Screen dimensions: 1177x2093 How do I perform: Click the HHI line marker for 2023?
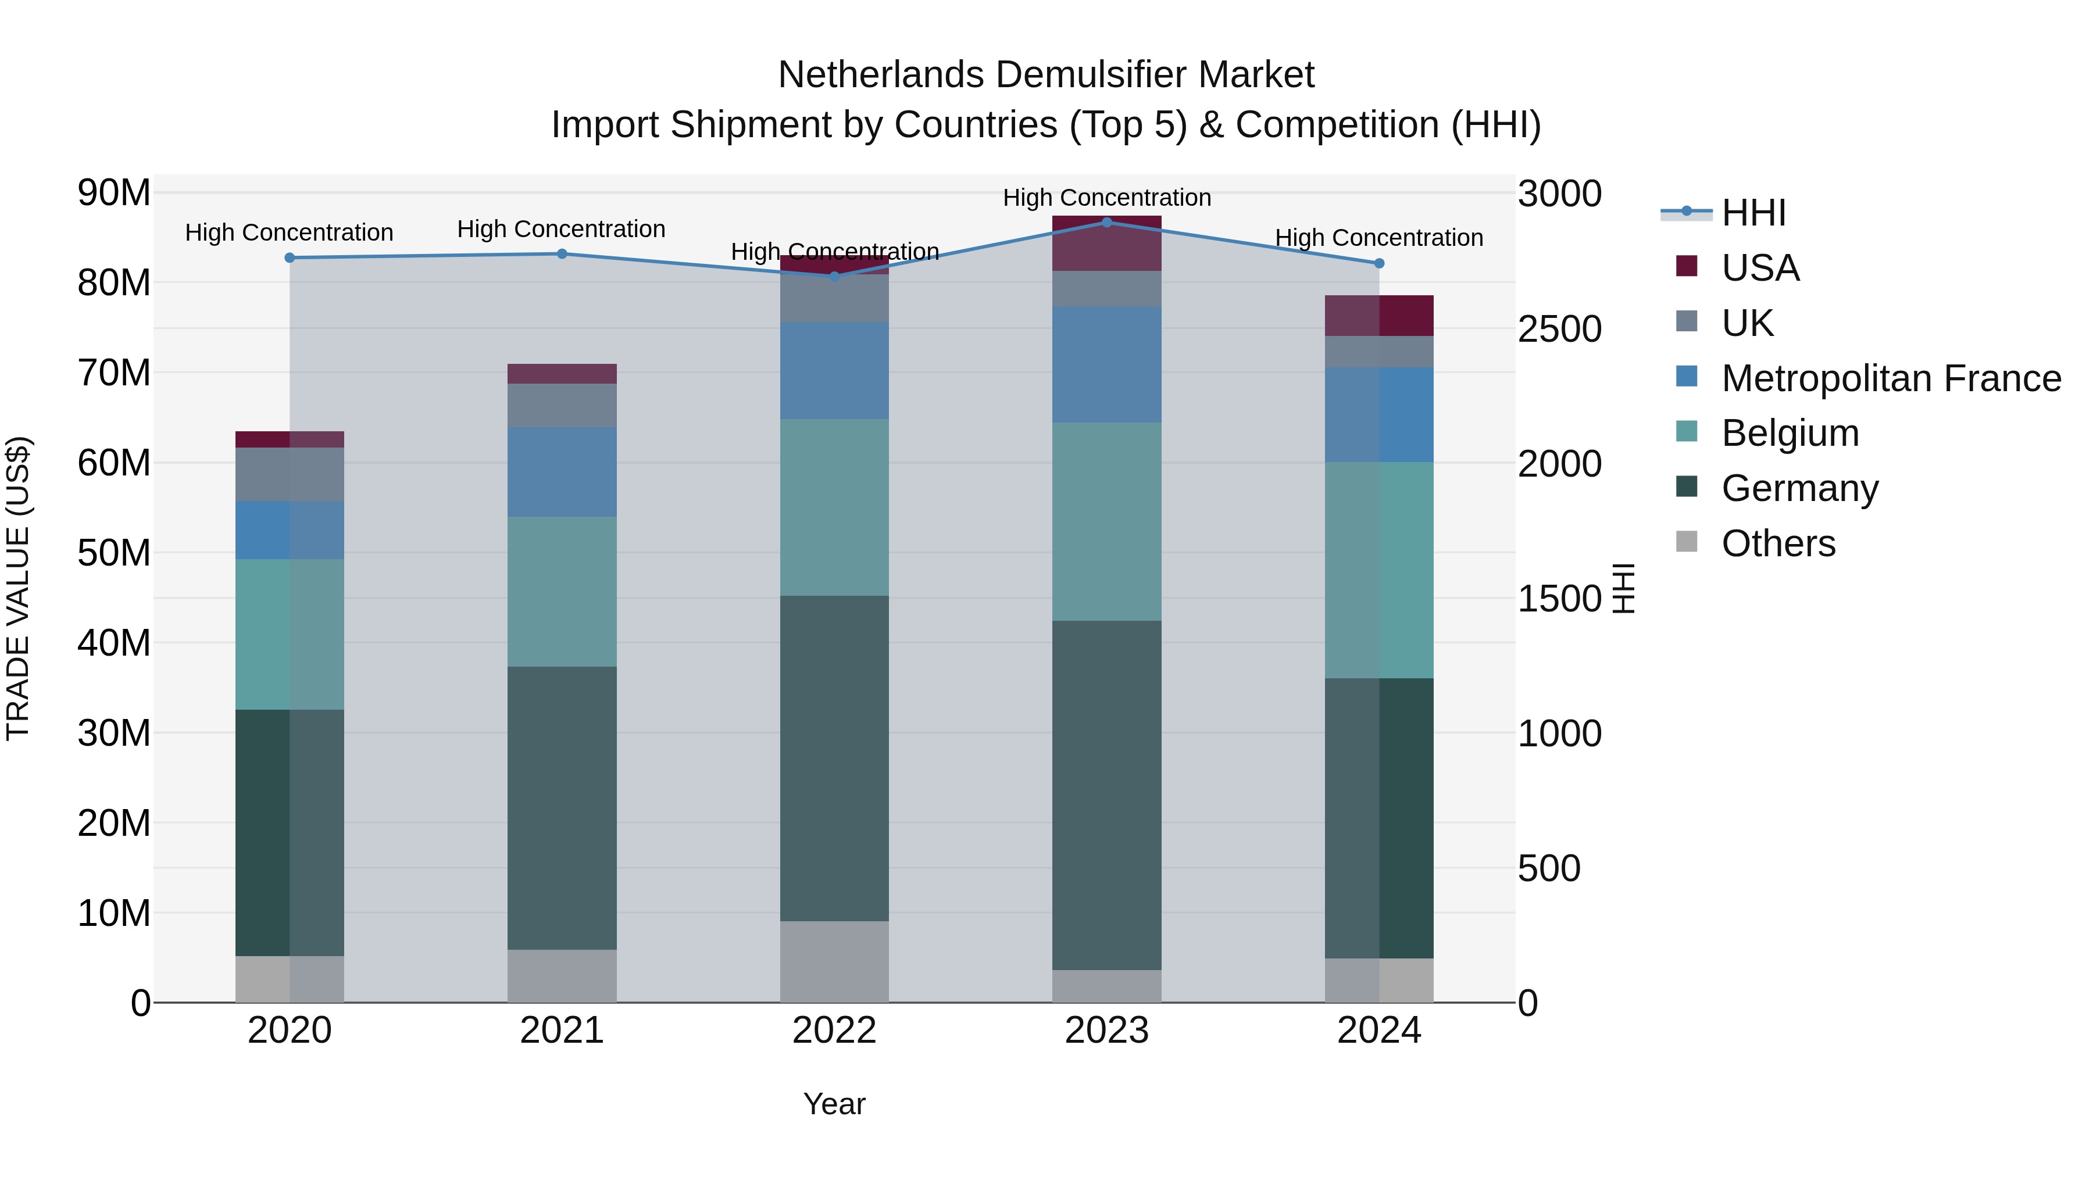pos(1106,222)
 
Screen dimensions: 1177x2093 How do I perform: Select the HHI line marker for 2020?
pos(290,257)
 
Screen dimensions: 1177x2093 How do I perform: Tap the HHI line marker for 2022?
pos(834,276)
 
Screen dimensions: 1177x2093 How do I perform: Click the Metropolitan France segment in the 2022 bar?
pos(834,370)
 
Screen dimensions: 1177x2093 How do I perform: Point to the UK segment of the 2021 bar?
pos(562,405)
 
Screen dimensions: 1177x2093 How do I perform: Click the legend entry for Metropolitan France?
pos(1891,378)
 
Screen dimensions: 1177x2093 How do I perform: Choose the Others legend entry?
pos(1778,543)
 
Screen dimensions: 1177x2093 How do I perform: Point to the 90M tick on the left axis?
pos(114,194)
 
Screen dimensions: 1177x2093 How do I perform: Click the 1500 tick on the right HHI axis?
pos(1558,599)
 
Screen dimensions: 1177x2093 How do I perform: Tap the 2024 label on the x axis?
pos(1379,1031)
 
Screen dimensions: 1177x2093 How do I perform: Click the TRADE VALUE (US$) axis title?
pos(18,588)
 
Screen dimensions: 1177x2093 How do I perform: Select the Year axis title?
pos(834,1104)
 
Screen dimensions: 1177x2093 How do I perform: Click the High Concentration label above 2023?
pos(1106,198)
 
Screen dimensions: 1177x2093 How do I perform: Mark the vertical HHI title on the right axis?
pos(1623,588)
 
